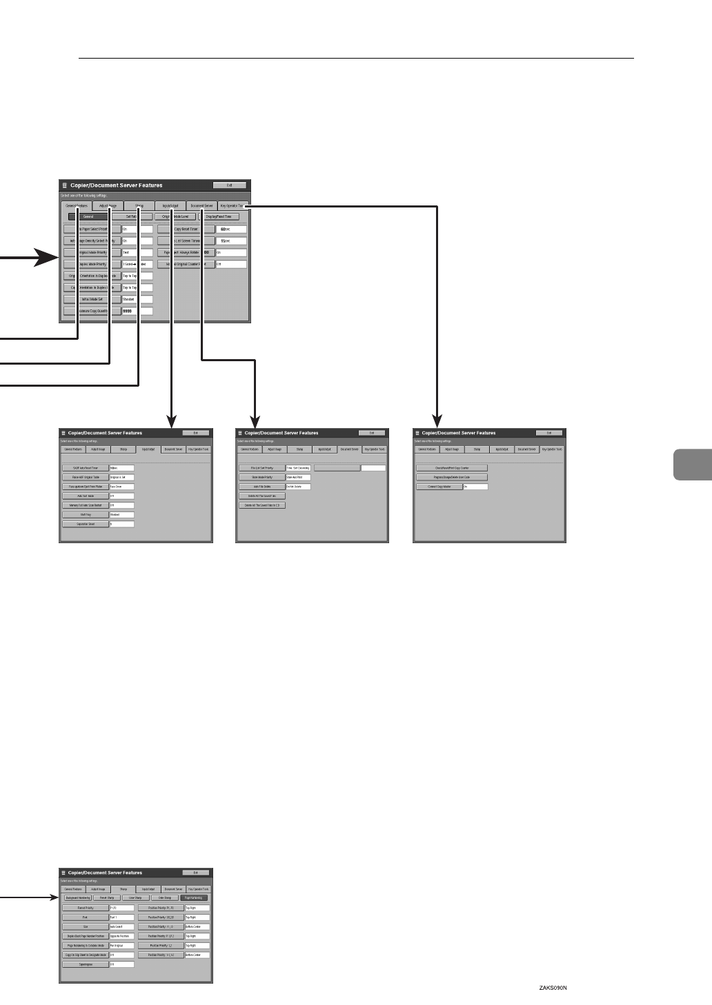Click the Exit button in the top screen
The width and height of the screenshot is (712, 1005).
pyautogui.click(x=230, y=185)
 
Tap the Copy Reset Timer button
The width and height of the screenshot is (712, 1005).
pyautogui.click(x=186, y=229)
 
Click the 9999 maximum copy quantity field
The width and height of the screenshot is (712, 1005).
pyautogui.click(x=137, y=311)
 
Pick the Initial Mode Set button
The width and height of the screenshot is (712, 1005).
pyautogui.click(x=92, y=299)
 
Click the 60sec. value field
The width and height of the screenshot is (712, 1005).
pyautogui.click(x=230, y=229)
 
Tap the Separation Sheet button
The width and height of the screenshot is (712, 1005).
pyautogui.click(x=86, y=524)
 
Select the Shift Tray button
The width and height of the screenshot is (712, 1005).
pyautogui.click(x=86, y=514)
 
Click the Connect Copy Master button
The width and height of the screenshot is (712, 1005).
pyautogui.click(x=439, y=487)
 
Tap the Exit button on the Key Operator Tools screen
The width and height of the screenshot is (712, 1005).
pyautogui.click(x=549, y=433)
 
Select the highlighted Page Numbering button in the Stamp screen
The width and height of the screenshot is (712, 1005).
pyautogui.click(x=194, y=898)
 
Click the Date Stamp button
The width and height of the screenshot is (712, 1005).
pyautogui.click(x=165, y=898)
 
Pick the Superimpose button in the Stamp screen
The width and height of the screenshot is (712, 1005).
pyautogui.click(x=86, y=964)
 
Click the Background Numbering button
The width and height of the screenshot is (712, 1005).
pyautogui.click(x=77, y=898)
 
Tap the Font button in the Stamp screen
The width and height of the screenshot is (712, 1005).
pyautogui.click(x=86, y=917)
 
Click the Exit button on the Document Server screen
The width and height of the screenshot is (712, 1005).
pyautogui.click(x=372, y=433)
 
